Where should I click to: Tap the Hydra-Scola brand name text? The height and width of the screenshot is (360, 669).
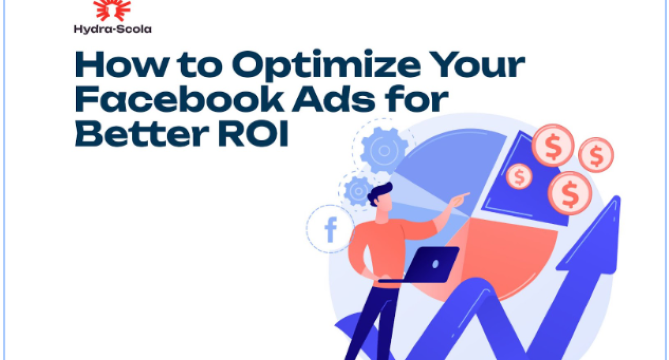tap(113, 29)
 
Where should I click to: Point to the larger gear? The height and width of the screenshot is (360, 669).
tap(383, 149)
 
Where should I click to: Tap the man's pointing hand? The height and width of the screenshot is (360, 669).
tap(461, 197)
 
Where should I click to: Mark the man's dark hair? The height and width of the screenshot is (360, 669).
tap(381, 192)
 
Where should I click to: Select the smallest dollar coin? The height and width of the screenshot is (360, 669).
tap(519, 176)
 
